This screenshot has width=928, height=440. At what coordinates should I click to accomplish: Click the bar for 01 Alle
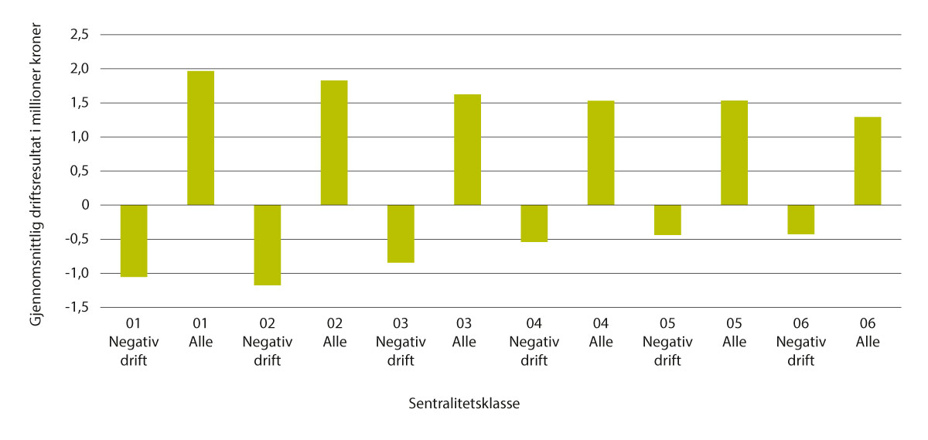pyautogui.click(x=200, y=138)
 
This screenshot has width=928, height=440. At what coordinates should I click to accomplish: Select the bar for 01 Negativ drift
pyautogui.click(x=134, y=240)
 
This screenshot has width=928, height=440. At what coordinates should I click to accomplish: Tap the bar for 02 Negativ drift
pyautogui.click(x=267, y=245)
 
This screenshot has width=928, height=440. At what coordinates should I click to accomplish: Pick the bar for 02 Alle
pyautogui.click(x=334, y=142)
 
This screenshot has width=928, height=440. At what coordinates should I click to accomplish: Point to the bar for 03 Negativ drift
pyautogui.click(x=401, y=234)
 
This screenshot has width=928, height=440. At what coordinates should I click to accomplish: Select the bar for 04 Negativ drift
pyautogui.click(x=534, y=223)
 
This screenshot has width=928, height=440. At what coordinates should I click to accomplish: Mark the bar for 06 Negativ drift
pyautogui.click(x=800, y=220)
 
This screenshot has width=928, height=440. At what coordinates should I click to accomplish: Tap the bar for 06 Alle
pyautogui.click(x=868, y=161)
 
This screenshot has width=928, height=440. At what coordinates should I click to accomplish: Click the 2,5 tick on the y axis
pyautogui.click(x=80, y=35)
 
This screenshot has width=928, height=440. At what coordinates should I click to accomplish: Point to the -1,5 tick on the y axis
pyautogui.click(x=77, y=308)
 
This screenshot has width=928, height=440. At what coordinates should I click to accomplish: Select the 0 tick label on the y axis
pyautogui.click(x=86, y=206)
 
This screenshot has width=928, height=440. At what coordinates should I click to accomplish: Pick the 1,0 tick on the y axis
pyautogui.click(x=80, y=138)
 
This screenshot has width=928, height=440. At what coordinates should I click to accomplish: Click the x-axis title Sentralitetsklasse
pyautogui.click(x=464, y=403)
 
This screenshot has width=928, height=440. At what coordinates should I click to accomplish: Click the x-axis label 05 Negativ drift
pyautogui.click(x=667, y=341)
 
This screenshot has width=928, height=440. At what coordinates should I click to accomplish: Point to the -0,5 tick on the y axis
pyautogui.click(x=77, y=240)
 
